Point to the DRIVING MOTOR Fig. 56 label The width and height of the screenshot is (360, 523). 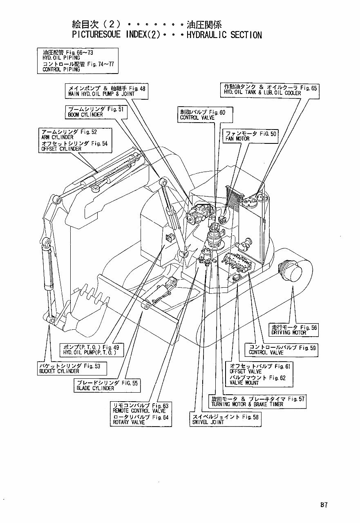point(294,330)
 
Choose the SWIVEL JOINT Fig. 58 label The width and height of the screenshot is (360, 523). point(224,420)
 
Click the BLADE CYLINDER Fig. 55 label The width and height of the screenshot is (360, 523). point(107,385)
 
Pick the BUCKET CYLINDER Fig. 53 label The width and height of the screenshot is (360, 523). point(72,369)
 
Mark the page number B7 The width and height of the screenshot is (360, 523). point(323,505)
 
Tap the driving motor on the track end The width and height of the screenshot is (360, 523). point(292,272)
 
